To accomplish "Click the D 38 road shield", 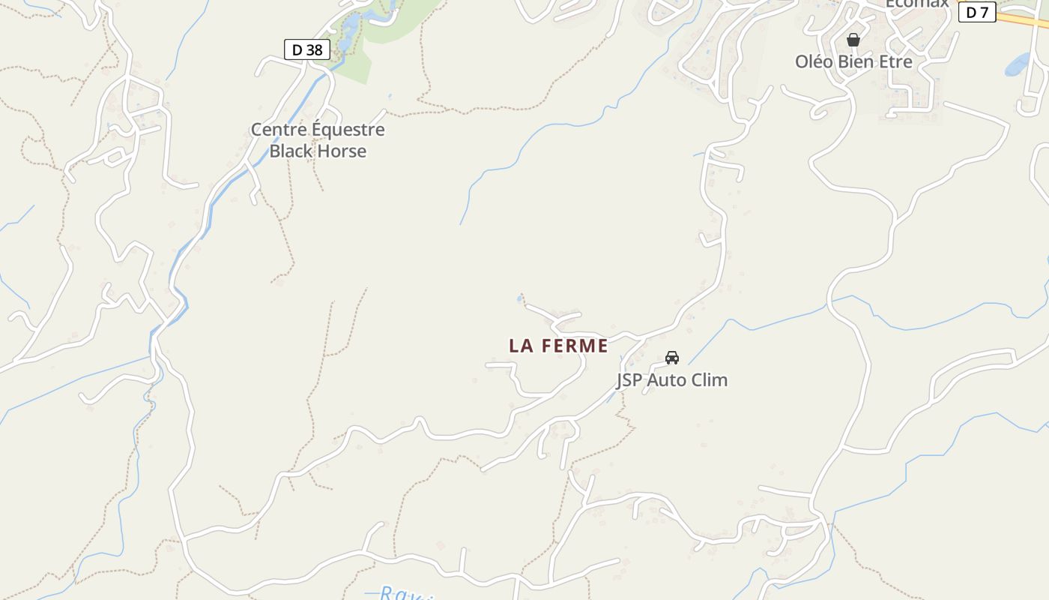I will click(307, 49).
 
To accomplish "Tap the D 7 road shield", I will click(977, 12).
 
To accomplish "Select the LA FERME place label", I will click(558, 346).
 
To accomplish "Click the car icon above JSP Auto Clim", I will click(672, 357).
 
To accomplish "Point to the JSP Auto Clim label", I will click(672, 379).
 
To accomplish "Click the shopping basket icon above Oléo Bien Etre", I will click(853, 40).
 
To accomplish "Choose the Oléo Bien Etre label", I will click(853, 61).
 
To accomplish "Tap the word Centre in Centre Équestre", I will click(278, 129).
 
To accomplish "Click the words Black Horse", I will click(318, 151).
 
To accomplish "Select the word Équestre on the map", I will click(348, 129).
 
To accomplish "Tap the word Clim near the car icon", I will click(711, 379).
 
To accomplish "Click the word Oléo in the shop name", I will click(813, 61).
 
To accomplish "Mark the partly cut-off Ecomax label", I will click(917, 4).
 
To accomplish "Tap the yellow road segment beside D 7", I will click(1023, 20).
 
